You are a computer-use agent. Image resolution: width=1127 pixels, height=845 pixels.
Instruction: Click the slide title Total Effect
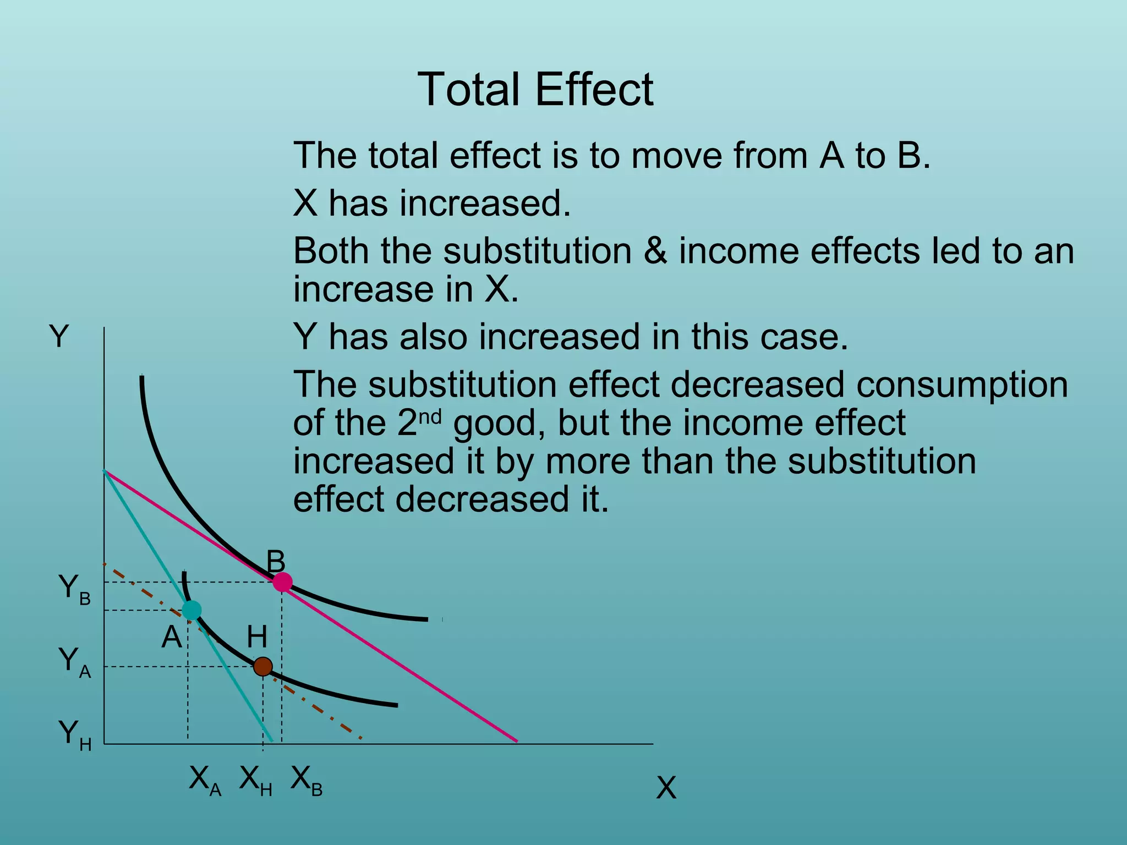click(x=535, y=90)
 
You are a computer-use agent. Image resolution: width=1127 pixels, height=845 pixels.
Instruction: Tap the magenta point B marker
click(x=282, y=582)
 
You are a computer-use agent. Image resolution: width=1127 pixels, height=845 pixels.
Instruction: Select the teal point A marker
click(x=192, y=610)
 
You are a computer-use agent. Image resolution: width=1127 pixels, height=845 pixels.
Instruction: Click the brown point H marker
click(x=263, y=667)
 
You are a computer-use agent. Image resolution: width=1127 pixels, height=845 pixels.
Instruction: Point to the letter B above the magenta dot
click(x=276, y=562)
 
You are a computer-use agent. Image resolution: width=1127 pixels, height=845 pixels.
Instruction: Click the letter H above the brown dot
click(x=257, y=637)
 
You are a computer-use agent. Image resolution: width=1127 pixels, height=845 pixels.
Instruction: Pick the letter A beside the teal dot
click(x=172, y=637)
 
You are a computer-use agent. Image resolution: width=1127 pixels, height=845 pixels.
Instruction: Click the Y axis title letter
click(x=59, y=336)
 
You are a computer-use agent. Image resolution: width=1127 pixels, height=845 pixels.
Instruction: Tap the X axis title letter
click(x=666, y=788)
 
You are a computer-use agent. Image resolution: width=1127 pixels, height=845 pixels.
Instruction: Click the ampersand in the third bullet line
click(x=655, y=251)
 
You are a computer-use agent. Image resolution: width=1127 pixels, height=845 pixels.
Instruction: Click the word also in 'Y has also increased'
click(x=433, y=337)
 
